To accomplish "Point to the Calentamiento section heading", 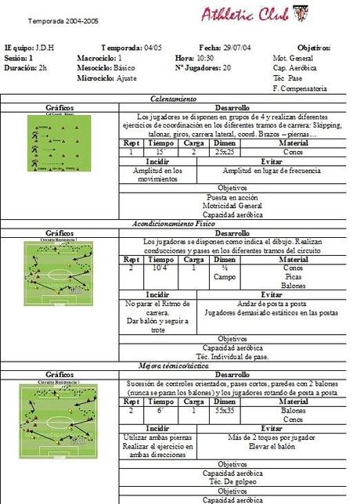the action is coord(179,99).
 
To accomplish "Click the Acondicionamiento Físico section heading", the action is coord(179,224).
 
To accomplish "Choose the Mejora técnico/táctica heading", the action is coord(179,365).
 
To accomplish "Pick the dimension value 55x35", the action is coord(225,409).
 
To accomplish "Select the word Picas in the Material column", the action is coord(293,276).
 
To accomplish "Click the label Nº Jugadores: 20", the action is coord(203,68).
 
